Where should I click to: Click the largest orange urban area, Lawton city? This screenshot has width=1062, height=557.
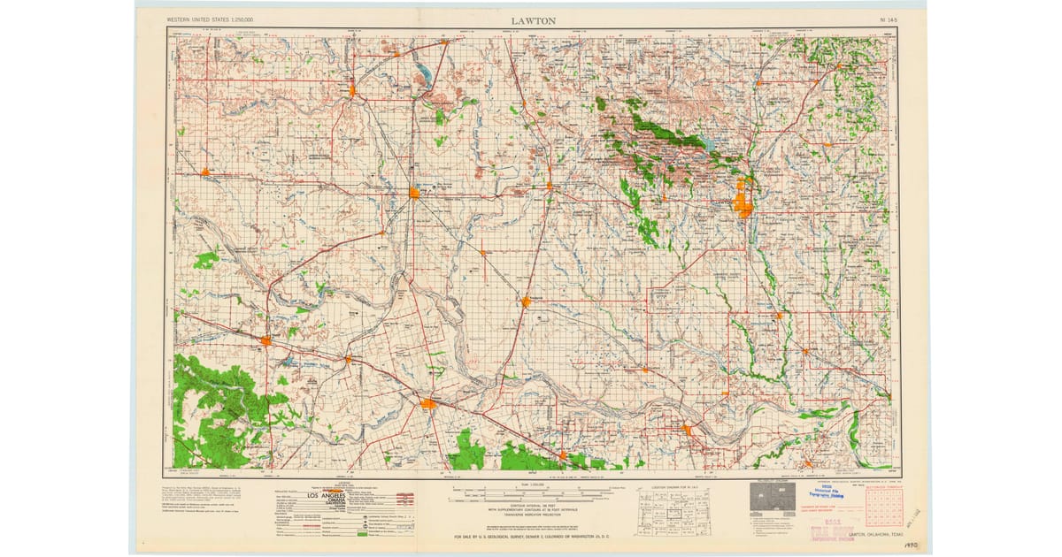[743, 204]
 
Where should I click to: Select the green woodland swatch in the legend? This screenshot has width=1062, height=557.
[362, 533]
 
